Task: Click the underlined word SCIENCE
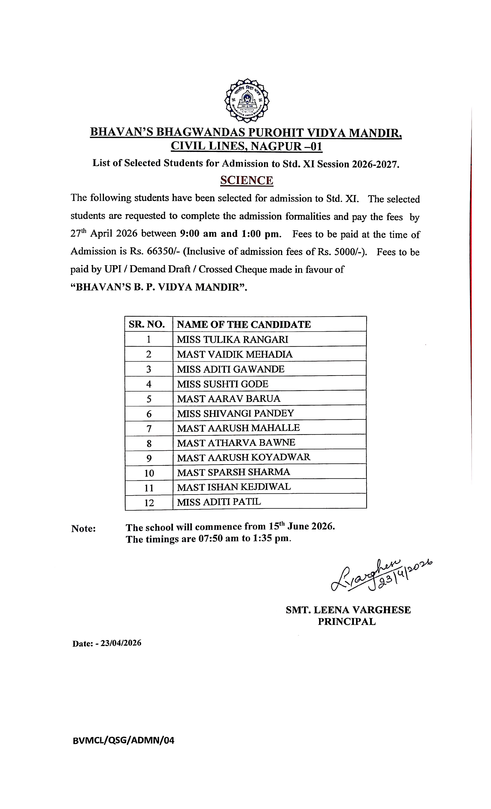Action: pos(246,180)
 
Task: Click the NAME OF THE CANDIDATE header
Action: pos(244,324)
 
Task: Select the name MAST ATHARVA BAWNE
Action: pos(236,443)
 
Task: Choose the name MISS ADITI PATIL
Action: pos(219,502)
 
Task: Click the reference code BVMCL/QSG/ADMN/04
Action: pos(123,740)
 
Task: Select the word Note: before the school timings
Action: pos(83,529)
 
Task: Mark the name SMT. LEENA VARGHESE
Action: pos(348,610)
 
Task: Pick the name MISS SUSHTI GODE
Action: pos(223,384)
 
